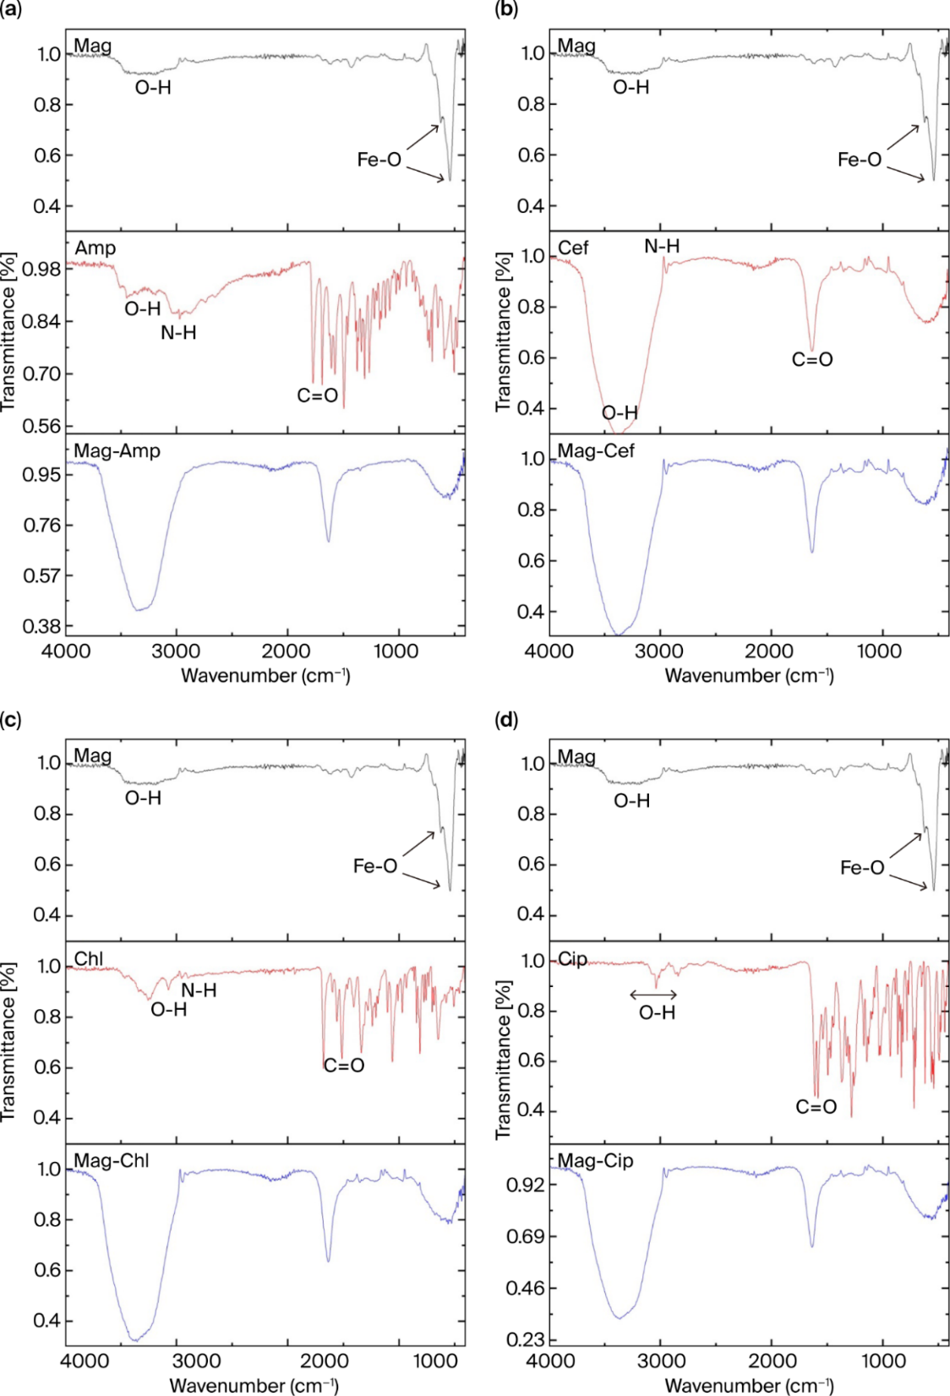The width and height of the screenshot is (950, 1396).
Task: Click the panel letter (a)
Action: click(11, 10)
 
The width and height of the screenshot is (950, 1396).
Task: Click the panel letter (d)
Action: click(505, 721)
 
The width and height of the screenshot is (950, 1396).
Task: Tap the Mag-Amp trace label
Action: click(117, 450)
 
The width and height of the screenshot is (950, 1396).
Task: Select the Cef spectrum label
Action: click(573, 248)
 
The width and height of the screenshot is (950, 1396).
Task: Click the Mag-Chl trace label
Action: click(112, 1160)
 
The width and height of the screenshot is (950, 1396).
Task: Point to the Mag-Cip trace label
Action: click(595, 1160)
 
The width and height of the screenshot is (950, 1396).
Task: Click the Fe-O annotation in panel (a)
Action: click(379, 161)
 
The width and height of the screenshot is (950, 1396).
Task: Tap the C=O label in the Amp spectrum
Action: click(317, 395)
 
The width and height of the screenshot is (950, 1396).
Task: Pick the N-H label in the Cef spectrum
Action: click(662, 246)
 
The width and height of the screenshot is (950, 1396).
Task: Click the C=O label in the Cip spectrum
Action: click(816, 1107)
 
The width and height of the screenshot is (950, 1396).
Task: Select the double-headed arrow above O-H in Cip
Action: click(653, 995)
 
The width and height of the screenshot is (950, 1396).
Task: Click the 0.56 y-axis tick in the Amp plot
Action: click(41, 426)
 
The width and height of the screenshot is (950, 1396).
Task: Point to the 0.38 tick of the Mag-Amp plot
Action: click(42, 626)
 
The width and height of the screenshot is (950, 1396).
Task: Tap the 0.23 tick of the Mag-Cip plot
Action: click(526, 1339)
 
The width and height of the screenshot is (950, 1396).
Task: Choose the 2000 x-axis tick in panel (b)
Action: click(771, 652)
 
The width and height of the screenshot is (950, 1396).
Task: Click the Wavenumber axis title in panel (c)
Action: click(254, 1386)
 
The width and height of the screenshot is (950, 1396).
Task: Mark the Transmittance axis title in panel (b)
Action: click(503, 331)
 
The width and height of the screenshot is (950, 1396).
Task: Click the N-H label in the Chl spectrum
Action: click(199, 990)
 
